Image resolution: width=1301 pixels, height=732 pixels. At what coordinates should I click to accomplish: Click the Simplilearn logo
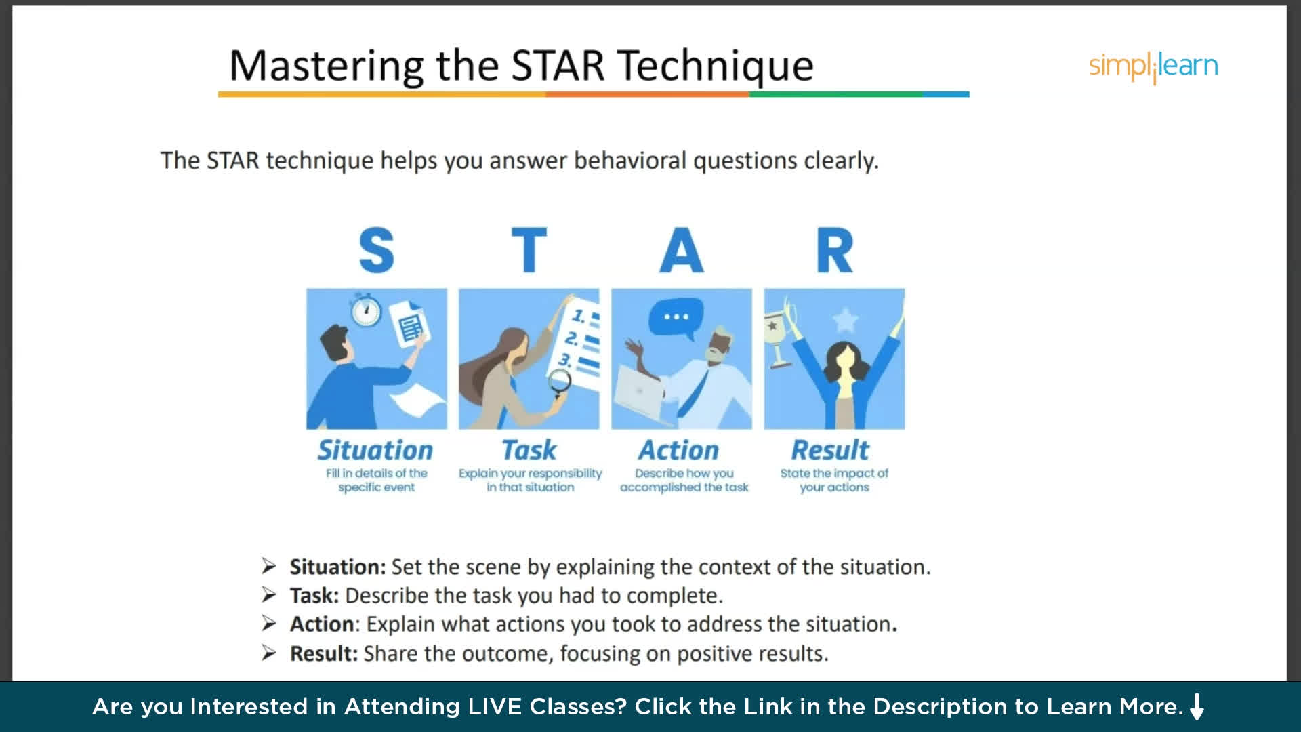coord(1153,67)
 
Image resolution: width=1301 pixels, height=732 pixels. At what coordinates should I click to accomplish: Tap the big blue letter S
coord(376,250)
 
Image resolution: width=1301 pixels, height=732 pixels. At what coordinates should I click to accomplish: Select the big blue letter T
coord(529,250)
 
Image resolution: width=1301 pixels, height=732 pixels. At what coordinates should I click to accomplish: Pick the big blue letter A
coord(682,250)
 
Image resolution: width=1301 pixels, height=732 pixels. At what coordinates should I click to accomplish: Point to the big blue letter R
coord(835,250)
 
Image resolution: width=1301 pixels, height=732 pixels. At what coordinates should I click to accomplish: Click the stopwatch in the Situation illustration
coord(366,310)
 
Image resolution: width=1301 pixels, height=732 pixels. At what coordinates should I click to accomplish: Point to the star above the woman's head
coord(845,320)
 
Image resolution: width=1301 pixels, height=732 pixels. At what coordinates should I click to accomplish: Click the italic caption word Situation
coord(375,450)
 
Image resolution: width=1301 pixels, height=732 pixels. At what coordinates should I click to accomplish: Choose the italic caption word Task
coord(529,450)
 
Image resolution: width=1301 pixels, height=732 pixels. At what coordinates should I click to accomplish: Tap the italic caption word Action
coord(678,450)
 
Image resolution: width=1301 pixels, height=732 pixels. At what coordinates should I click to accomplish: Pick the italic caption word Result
coord(830,450)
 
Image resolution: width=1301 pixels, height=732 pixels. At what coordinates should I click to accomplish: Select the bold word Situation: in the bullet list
coord(337,567)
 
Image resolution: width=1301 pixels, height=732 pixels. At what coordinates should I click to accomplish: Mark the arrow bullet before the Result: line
coord(269,653)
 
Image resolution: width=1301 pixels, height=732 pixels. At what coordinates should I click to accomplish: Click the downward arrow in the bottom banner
coord(1197,706)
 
